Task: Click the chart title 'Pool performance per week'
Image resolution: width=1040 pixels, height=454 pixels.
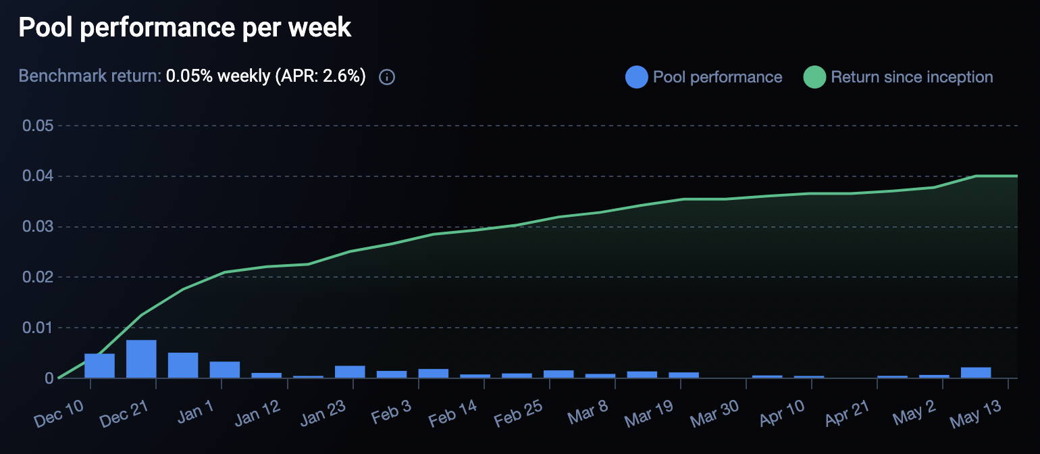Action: [x=184, y=28]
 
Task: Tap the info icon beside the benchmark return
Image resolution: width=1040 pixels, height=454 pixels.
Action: [x=387, y=77]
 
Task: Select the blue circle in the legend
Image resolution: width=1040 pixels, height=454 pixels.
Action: [x=637, y=77]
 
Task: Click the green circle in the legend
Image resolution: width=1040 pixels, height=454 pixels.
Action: [x=814, y=77]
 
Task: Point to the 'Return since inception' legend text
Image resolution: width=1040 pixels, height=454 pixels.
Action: [x=912, y=77]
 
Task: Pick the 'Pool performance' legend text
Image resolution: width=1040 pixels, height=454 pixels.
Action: [x=717, y=77]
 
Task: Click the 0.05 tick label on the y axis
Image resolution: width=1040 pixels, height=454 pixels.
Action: [x=38, y=126]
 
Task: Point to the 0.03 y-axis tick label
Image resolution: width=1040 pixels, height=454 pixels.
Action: [x=38, y=227]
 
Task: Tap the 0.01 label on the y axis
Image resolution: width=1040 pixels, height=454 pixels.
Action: [x=38, y=328]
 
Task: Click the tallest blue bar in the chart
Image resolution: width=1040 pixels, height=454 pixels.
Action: [x=141, y=359]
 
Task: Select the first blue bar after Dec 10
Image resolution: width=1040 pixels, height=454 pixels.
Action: [x=99, y=365]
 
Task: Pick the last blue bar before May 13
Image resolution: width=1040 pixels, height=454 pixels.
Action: [x=976, y=372]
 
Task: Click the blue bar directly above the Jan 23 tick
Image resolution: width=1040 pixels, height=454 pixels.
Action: [x=350, y=372]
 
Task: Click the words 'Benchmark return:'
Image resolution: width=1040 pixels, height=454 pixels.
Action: [x=90, y=77]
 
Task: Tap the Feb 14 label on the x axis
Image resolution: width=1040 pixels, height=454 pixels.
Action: [x=453, y=410]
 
